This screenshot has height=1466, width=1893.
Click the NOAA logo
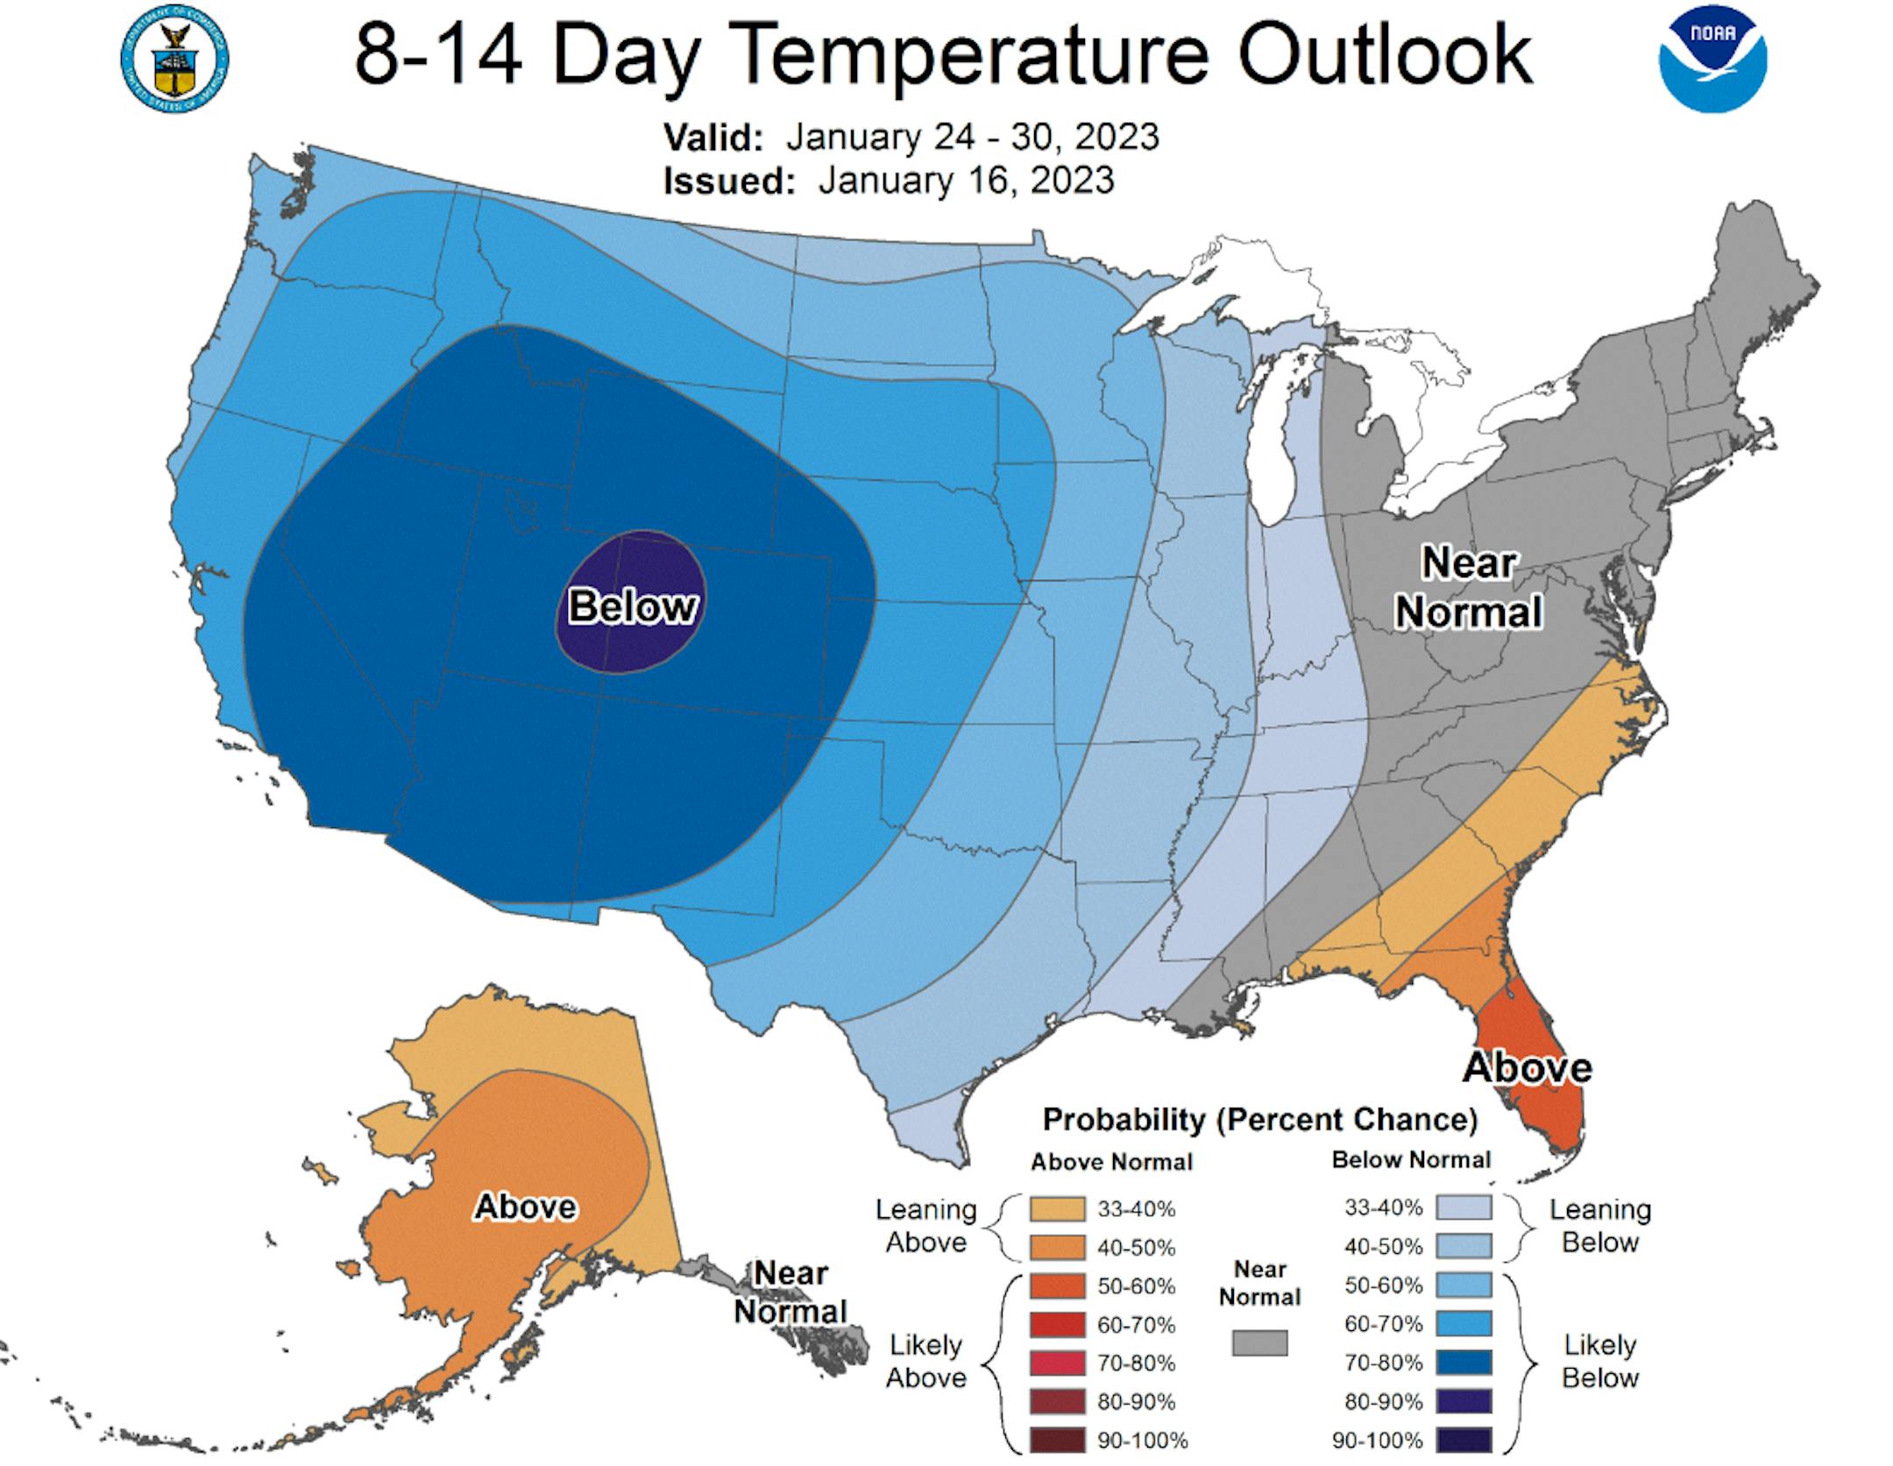click(x=1712, y=60)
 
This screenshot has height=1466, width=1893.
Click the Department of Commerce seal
click(x=174, y=60)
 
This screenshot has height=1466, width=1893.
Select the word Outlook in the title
click(x=1386, y=54)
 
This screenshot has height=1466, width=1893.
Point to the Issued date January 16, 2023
click(x=966, y=181)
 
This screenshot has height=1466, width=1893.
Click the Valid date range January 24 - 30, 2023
click(x=972, y=137)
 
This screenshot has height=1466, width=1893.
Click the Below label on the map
click(x=632, y=606)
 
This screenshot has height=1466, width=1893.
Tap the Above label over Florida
click(x=1527, y=1067)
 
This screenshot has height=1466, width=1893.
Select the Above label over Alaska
click(x=525, y=1207)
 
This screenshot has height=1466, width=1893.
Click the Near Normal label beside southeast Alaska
click(x=791, y=1292)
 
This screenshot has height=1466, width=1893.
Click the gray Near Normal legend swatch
click(x=1259, y=1343)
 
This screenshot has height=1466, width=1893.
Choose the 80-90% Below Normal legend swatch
click(x=1463, y=1400)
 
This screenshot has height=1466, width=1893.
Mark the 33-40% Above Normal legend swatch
click(x=1058, y=1209)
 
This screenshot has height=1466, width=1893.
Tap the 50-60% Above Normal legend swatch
click(x=1058, y=1286)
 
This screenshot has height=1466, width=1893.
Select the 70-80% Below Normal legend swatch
click(x=1463, y=1363)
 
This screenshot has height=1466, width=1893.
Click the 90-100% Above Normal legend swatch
click(x=1058, y=1440)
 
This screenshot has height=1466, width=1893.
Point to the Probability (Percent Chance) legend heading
click(x=1259, y=1119)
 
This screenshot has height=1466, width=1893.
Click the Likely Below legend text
click(x=1599, y=1361)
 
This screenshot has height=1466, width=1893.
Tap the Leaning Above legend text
click(x=925, y=1225)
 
